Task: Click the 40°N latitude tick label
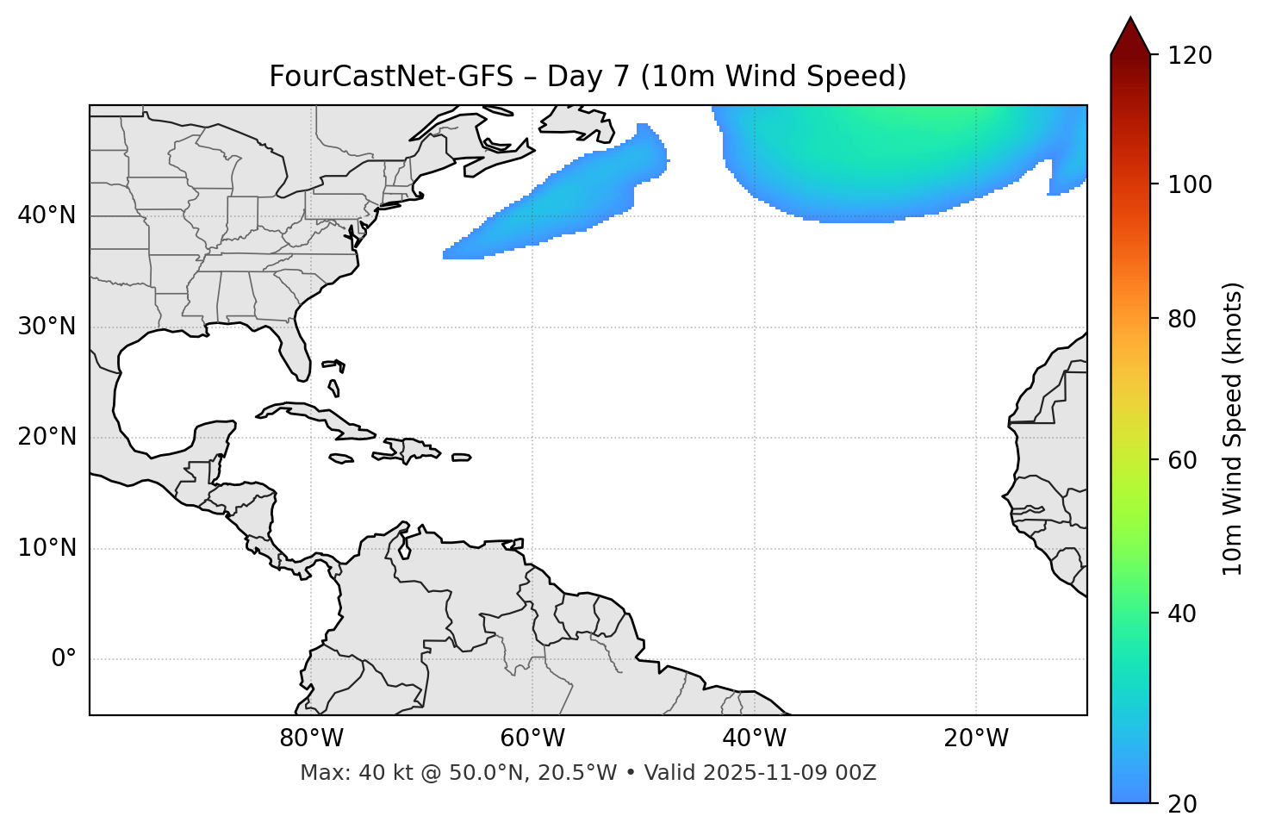click(x=47, y=215)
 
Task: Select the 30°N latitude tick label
click(x=47, y=327)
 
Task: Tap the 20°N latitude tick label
click(x=47, y=437)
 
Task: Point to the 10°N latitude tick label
click(x=47, y=548)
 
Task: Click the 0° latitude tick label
click(x=64, y=659)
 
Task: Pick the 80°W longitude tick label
click(x=311, y=738)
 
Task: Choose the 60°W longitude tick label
click(x=532, y=738)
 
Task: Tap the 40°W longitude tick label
click(x=754, y=738)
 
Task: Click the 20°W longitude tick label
click(x=976, y=738)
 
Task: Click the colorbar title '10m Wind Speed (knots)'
click(x=1233, y=428)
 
